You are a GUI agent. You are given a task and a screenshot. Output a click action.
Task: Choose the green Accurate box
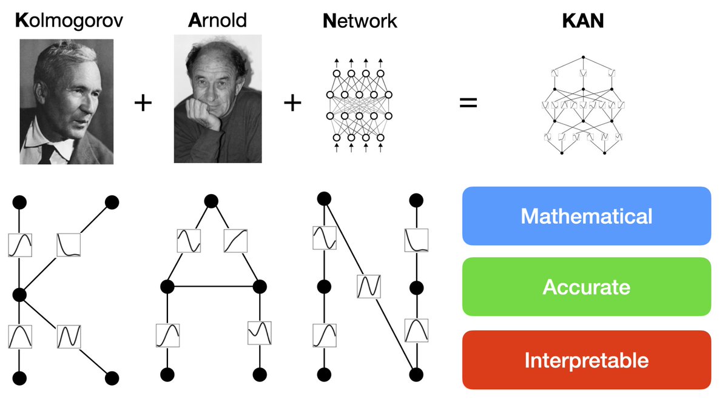586,287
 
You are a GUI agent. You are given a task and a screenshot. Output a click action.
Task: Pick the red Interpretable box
586,360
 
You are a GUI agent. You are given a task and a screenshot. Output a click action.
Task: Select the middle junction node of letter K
19,295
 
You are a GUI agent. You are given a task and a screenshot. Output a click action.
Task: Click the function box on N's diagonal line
368,286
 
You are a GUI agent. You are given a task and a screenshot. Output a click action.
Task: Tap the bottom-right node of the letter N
416,374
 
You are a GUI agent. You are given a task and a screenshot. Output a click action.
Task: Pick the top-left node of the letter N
324,198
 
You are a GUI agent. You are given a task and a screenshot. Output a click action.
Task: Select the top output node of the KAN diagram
583,58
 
